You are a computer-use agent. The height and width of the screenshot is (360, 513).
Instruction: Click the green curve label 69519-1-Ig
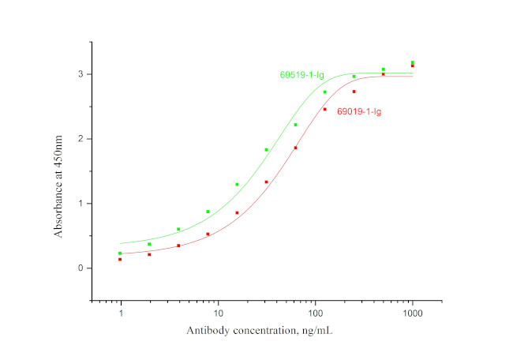(x=301, y=75)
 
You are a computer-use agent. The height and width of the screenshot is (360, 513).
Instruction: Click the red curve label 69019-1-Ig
(x=359, y=111)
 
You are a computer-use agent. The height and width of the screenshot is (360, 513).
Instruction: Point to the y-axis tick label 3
(x=81, y=74)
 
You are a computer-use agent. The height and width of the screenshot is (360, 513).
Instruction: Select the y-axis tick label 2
(x=81, y=139)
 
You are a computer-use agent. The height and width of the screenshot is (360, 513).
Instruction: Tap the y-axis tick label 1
(x=81, y=204)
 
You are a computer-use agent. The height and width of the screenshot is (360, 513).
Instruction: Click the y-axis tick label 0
(x=81, y=268)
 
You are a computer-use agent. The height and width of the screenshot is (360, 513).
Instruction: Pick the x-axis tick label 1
(x=121, y=313)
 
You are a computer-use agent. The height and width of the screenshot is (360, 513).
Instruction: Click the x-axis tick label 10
(x=219, y=313)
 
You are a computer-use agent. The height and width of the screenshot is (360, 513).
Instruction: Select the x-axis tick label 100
(x=316, y=313)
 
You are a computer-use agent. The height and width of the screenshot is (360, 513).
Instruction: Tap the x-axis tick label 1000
(x=412, y=313)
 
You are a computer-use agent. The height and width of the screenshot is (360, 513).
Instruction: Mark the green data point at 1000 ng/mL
(x=412, y=62)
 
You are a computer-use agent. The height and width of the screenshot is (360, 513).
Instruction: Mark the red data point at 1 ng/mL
(x=120, y=259)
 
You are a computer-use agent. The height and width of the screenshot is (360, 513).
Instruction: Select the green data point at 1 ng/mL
(x=120, y=253)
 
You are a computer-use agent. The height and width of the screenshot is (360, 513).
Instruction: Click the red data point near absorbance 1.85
(x=296, y=148)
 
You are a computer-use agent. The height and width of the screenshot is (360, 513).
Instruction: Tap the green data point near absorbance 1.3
(x=237, y=184)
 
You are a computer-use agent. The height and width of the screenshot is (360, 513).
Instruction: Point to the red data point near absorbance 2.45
(x=324, y=109)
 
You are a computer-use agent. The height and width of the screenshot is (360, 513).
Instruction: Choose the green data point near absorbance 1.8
(x=266, y=149)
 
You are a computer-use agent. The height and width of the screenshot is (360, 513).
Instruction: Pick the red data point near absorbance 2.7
(x=354, y=92)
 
